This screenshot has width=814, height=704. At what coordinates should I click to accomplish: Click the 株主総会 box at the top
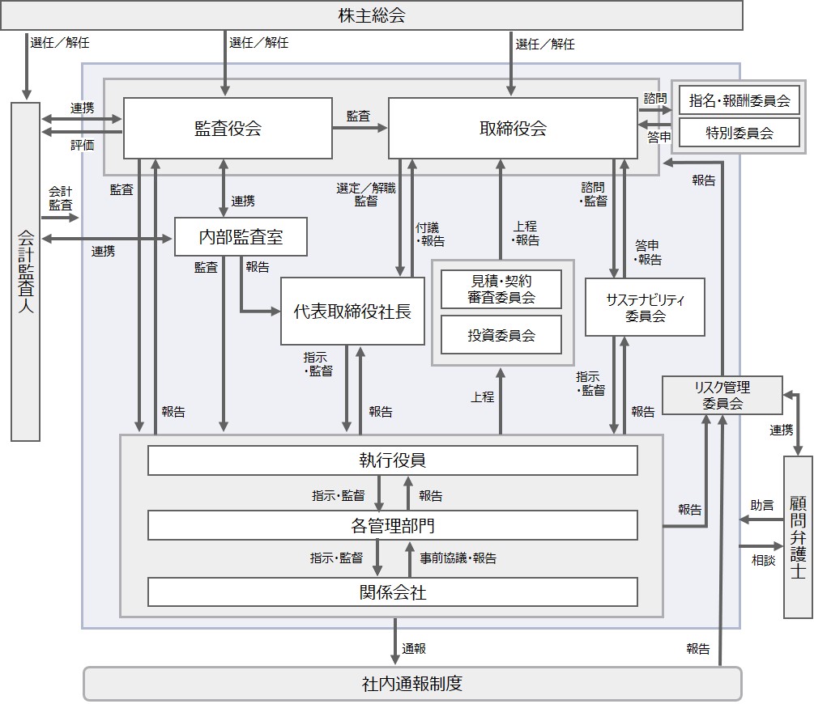pos(371,15)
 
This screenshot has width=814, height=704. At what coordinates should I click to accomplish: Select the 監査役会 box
pos(228,128)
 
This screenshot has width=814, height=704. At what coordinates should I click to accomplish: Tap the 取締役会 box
pos(513,128)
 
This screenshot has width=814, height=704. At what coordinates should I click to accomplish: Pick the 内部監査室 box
pos(241,236)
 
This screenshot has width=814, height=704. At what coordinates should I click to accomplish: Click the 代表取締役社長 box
pos(352,312)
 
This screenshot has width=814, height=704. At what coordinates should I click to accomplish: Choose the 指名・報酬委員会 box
pos(739,100)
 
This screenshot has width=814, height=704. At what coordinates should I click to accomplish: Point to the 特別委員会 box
pos(739,133)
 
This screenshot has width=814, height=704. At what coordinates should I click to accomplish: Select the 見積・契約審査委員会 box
pos(501,289)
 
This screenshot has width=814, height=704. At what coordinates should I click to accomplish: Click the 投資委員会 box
pos(501,335)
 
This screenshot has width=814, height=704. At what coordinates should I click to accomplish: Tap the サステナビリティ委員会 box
pos(645,307)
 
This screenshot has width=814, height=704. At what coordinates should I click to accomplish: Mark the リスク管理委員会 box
pos(722,396)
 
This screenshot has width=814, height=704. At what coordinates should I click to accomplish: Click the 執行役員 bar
pos(393,460)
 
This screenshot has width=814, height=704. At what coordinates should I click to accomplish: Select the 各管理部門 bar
pos(393,525)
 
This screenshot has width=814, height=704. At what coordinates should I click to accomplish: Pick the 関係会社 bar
pos(393,592)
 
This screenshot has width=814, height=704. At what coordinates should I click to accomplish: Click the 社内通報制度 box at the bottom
pos(412,684)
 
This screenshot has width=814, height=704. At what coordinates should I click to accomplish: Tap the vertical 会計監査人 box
pos(25,271)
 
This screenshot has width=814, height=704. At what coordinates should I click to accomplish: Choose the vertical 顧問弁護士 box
pos(797,537)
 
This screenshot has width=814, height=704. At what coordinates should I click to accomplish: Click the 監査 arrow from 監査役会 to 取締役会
pos(360,128)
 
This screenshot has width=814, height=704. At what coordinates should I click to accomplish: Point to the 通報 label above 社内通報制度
pos(414,648)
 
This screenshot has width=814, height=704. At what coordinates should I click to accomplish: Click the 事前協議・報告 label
pos(458,558)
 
